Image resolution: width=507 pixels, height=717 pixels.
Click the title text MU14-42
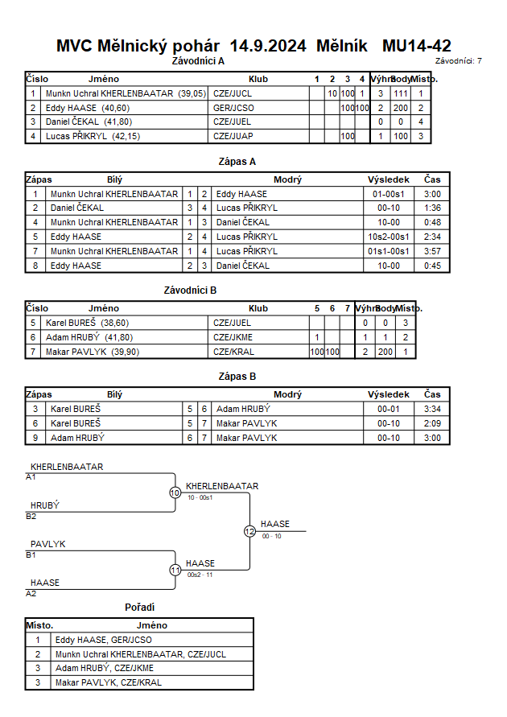pos(417,46)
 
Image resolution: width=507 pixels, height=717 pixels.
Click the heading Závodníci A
pos(198,60)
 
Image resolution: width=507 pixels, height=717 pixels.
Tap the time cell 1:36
pos(432,208)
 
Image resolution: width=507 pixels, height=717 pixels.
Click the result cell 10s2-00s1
pos(389,237)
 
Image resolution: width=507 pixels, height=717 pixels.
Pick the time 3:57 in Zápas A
pos(432,251)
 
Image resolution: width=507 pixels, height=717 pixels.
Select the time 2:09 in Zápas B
pos(432,423)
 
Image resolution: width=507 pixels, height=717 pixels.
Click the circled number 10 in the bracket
pos(175,492)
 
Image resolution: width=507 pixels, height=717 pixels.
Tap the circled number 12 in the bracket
pos(249,531)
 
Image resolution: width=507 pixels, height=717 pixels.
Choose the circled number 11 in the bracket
pos(175,570)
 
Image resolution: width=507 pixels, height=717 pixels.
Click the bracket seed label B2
pos(31,517)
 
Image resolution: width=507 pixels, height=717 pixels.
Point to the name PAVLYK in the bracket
pos(48,544)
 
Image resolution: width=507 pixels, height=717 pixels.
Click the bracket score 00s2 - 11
pos(199,575)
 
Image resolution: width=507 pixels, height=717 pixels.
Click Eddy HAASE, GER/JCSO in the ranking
pos(103,641)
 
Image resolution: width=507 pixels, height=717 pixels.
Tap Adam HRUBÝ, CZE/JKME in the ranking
pos(104,668)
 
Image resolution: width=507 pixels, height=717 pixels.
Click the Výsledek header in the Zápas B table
pos(389,395)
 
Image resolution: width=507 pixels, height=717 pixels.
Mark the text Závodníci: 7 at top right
pos(458,61)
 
